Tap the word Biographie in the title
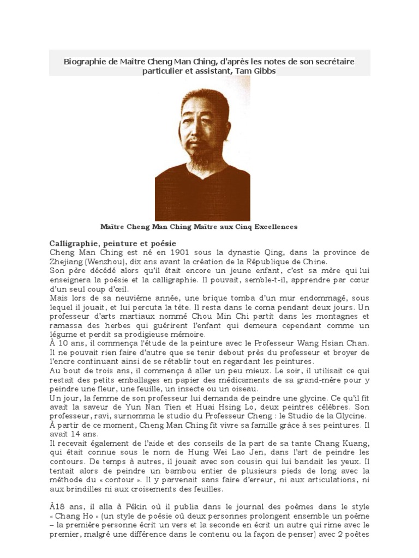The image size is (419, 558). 85,62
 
